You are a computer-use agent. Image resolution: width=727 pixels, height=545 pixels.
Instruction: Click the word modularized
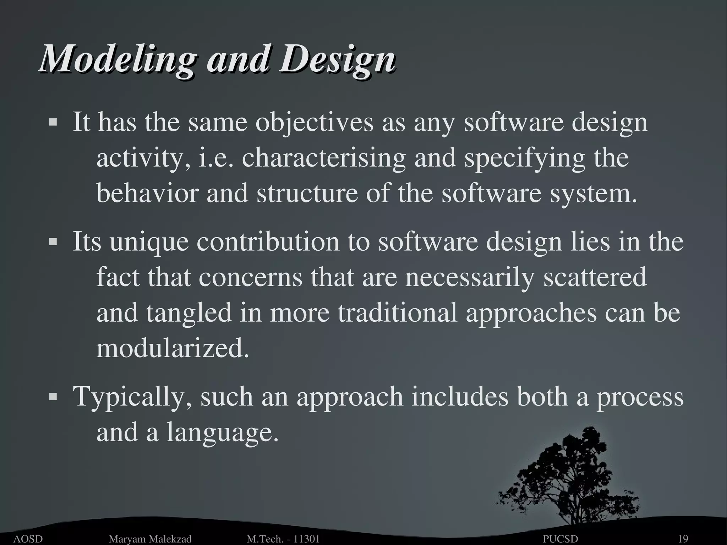coord(173,349)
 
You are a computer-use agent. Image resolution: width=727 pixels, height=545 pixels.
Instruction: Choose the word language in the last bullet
coord(222,433)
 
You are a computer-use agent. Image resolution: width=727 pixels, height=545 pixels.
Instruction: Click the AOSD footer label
coord(28,539)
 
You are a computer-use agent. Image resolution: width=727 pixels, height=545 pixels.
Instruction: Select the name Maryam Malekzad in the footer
coord(150,539)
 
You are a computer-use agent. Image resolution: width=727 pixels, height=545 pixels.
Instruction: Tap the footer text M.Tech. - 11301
coord(283,539)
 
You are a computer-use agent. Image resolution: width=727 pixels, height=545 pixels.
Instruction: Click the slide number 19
coord(683,539)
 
